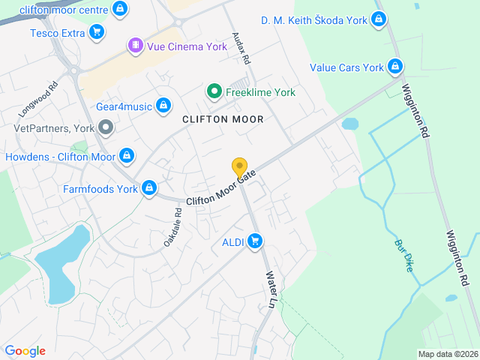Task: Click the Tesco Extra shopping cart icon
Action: [x=96, y=32]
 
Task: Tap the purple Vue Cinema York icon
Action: [x=135, y=46]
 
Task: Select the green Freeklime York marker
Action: [x=214, y=92]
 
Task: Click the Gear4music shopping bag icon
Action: [x=163, y=106]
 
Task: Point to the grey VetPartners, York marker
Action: [x=106, y=128]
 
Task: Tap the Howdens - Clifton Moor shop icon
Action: [x=126, y=157]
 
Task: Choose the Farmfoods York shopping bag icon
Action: [x=149, y=188]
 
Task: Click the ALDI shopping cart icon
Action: [x=255, y=241]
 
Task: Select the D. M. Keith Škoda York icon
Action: [x=378, y=20]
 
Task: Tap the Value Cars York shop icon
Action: [x=394, y=67]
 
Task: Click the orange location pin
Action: [x=240, y=167]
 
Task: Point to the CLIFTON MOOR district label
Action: [x=223, y=119]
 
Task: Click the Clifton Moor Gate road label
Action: [x=221, y=188]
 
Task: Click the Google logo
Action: [x=25, y=351]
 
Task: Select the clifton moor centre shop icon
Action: [x=120, y=9]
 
